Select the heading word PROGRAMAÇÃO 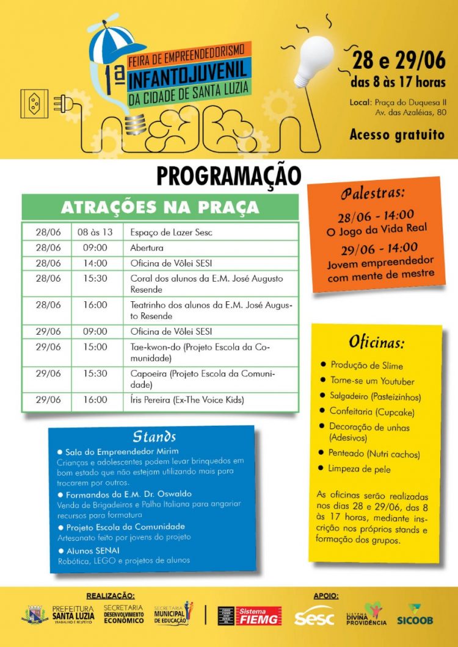tap(229, 176)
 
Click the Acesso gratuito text tap(397, 135)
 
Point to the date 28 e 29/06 tap(399, 61)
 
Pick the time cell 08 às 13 tap(95, 232)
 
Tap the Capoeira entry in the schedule tap(202, 379)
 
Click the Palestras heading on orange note tap(373, 193)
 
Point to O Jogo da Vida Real tap(376, 229)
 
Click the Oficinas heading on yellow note tap(376, 342)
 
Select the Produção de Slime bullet tap(366, 365)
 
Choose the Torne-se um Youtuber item tap(372, 381)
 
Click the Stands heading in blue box tap(154, 437)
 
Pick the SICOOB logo tap(415, 615)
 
